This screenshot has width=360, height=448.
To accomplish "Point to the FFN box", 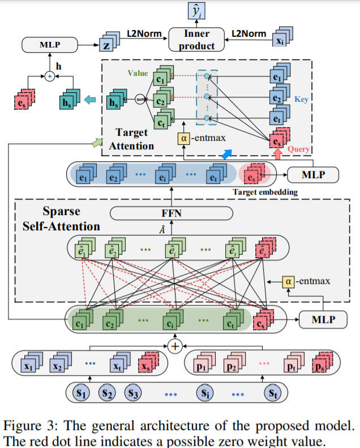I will [x=170, y=213].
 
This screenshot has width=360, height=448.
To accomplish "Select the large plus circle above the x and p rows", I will [x=176, y=345].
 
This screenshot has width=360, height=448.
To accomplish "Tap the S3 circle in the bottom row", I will [x=133, y=391].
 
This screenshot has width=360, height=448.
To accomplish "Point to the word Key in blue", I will [x=302, y=100].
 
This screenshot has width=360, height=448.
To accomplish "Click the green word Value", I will [x=138, y=73].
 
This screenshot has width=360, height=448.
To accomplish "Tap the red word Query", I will [x=298, y=149].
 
